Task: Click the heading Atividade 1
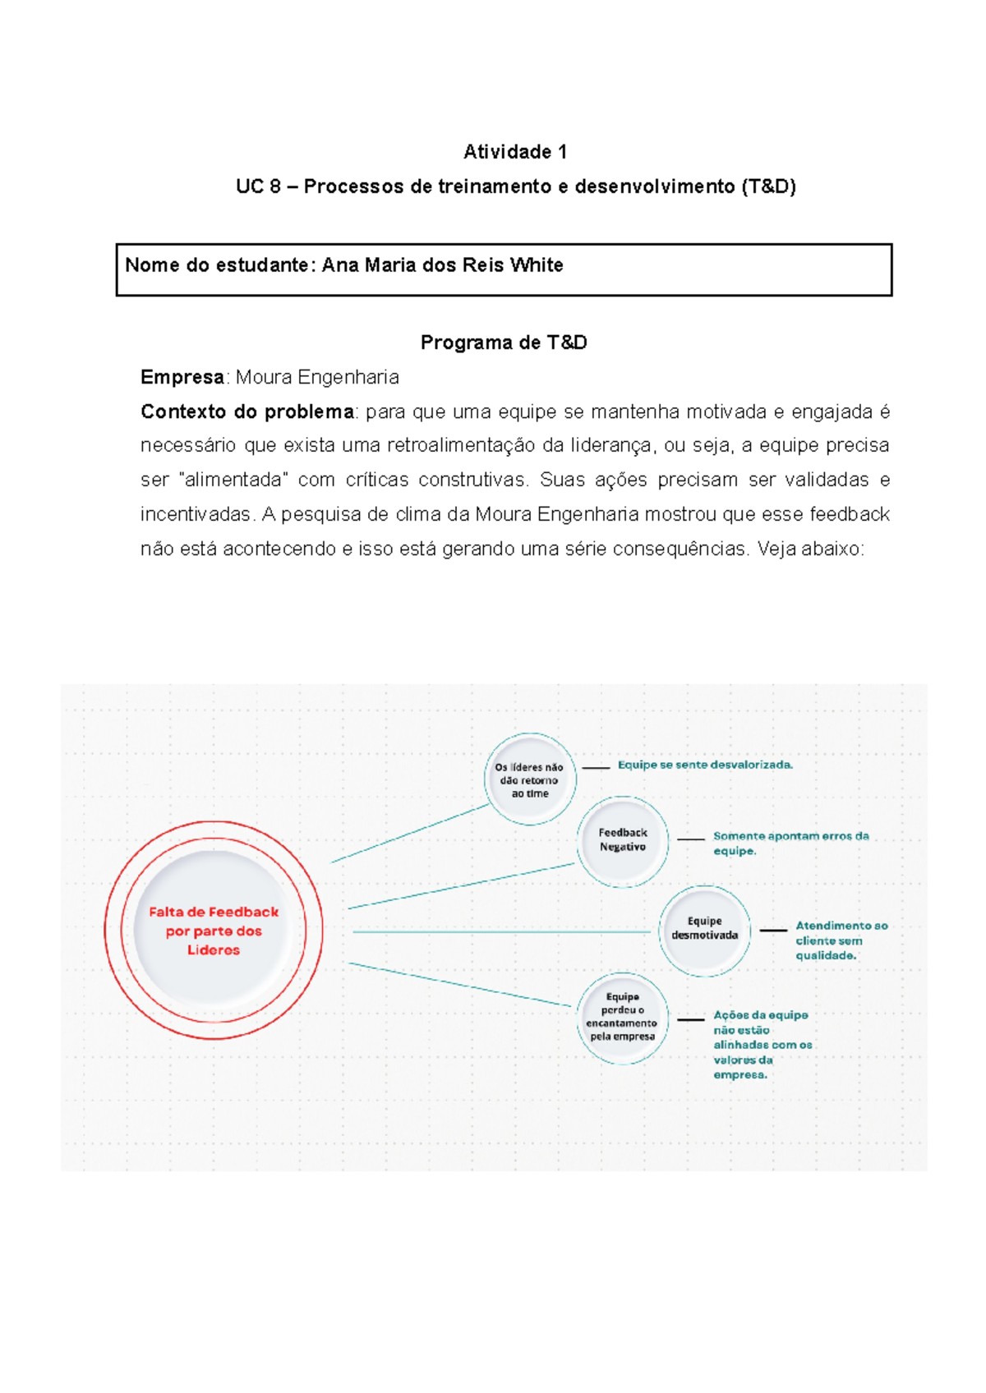[515, 152]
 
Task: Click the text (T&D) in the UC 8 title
[767, 186]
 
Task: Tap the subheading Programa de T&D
[504, 343]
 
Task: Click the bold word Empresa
[182, 377]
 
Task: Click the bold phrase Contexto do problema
[246, 411]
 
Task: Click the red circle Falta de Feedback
[214, 931]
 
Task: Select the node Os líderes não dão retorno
[530, 779]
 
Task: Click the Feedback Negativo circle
[622, 840]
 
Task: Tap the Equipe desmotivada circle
[704, 929]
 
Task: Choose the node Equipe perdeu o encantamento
[622, 1018]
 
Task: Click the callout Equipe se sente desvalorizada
[705, 765]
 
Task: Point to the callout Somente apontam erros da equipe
[790, 844]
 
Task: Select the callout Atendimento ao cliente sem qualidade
[841, 940]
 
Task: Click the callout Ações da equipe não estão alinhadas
[762, 1045]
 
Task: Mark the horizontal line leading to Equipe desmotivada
[501, 931]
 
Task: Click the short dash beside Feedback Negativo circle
[691, 839]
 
